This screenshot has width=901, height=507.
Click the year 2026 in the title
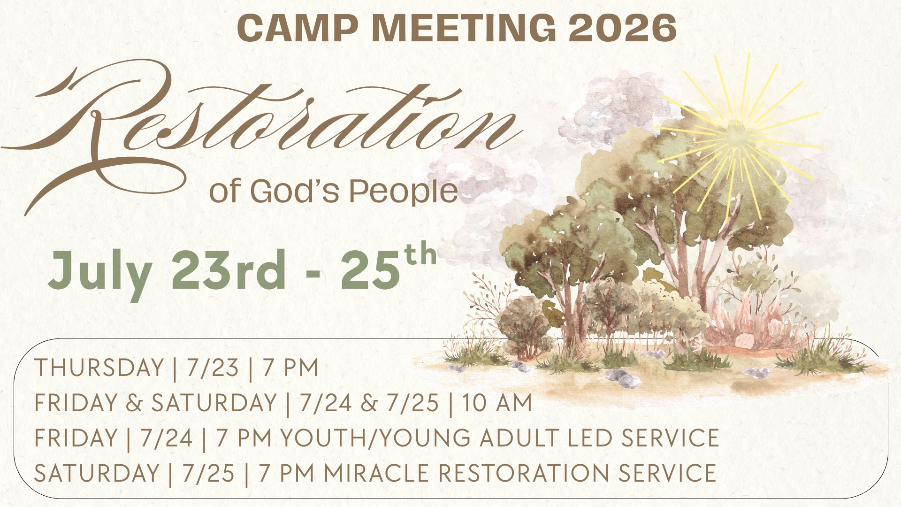(x=622, y=28)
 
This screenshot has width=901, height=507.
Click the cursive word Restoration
(x=263, y=127)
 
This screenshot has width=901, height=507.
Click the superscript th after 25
(x=421, y=256)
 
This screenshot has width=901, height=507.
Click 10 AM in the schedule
(x=497, y=403)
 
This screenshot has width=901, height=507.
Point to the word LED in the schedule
(x=590, y=438)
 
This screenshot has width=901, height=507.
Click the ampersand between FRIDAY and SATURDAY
(x=134, y=403)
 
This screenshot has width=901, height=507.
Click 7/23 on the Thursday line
(x=213, y=368)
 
